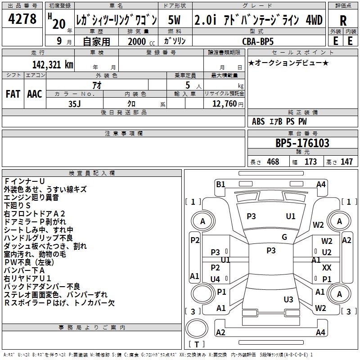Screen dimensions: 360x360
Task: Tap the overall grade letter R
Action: click(x=343, y=21)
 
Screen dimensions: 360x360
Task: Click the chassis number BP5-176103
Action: click(x=302, y=144)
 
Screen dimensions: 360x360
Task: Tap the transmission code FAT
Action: click(x=13, y=94)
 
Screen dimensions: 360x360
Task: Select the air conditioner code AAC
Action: click(x=34, y=94)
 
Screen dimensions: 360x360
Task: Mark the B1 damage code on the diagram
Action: click(x=220, y=184)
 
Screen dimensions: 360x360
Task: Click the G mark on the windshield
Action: click(x=284, y=237)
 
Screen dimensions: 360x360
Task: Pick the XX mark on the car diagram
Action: click(x=327, y=268)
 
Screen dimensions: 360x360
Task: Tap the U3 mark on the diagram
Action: click(x=288, y=299)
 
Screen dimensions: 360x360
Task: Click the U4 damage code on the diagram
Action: click(x=215, y=279)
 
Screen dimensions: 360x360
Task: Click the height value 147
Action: click(x=346, y=162)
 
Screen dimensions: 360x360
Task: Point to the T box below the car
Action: click(x=196, y=344)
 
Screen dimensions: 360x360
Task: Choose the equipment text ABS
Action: click(x=258, y=121)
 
